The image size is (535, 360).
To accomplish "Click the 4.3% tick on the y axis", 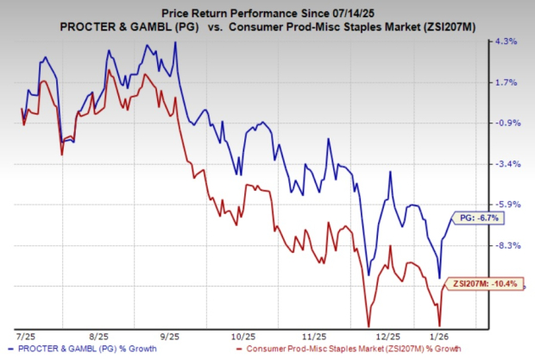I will click(505, 41).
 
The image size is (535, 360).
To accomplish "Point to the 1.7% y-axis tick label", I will click(505, 83).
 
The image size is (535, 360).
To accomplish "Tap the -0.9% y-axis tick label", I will click(505, 123).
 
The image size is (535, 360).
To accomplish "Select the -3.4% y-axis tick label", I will click(505, 164).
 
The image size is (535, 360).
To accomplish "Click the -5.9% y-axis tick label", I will click(505, 205).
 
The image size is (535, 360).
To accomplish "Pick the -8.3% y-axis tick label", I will click(505, 245).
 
